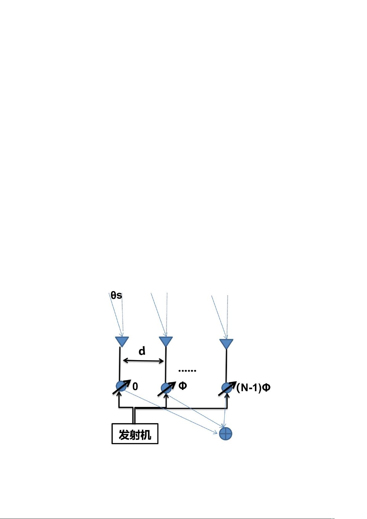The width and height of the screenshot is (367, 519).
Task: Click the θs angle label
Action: (x=116, y=295)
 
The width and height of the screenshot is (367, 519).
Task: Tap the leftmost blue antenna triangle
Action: (x=122, y=341)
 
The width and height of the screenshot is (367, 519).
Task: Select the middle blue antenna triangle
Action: (x=166, y=341)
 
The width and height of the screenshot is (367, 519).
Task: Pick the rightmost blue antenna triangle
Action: (x=226, y=343)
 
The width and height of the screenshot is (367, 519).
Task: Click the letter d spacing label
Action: (x=142, y=351)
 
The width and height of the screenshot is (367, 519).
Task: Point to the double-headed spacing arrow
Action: (x=143, y=360)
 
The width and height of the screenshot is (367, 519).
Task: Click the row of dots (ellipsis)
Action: (x=187, y=371)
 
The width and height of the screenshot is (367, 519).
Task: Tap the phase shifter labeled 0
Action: (x=121, y=386)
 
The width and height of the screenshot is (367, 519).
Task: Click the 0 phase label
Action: (x=135, y=387)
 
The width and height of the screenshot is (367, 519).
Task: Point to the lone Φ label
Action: (x=183, y=386)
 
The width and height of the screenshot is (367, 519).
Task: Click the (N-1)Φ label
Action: (x=253, y=387)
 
